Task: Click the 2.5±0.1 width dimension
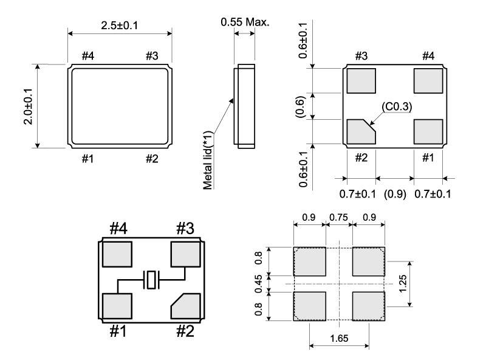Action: (x=119, y=26)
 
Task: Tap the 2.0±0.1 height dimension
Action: (x=28, y=106)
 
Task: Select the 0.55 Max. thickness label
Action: (x=245, y=22)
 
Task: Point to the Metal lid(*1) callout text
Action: (x=208, y=160)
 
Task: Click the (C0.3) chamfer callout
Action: (x=397, y=106)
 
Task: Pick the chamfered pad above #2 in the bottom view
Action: (x=361, y=131)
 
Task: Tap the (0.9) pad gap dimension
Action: (x=395, y=194)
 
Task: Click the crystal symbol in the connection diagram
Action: (x=151, y=280)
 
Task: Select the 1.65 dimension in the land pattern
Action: (x=339, y=338)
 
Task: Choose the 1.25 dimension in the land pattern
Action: (x=403, y=283)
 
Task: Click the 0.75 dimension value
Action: (x=339, y=217)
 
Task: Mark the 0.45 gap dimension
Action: (x=259, y=283)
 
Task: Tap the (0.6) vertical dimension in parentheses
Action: (x=300, y=106)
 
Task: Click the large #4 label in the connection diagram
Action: (x=118, y=229)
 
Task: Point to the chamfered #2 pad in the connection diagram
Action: (x=186, y=306)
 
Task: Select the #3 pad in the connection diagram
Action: (x=186, y=254)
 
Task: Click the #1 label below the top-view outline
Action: (x=87, y=159)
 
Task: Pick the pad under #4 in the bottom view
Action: (x=428, y=81)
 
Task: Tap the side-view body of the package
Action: (x=245, y=106)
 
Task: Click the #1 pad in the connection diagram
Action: (x=117, y=306)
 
